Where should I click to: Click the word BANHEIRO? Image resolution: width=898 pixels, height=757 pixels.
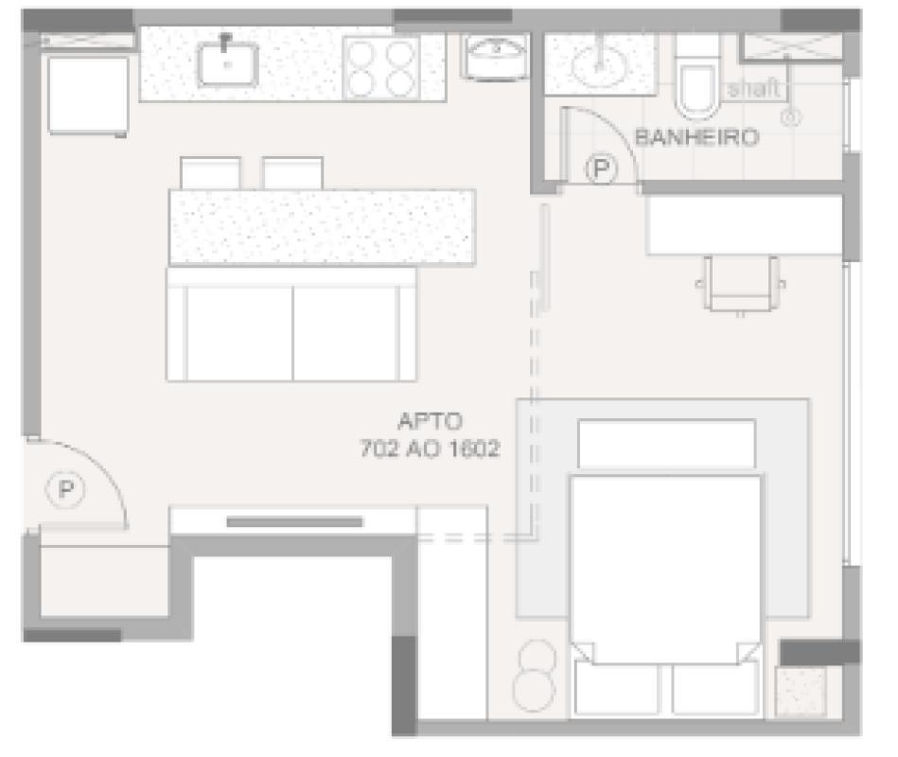coord(696,137)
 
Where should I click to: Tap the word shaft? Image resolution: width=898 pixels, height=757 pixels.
coord(753,89)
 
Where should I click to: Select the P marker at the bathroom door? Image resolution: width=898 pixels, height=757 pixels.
coord(600,170)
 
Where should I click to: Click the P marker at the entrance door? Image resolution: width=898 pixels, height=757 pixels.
coord(65,489)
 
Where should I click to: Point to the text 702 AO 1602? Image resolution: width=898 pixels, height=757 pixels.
coord(429,449)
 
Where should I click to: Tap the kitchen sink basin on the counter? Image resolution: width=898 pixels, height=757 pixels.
coord(227,62)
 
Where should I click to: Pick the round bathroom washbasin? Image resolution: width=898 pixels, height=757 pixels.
coord(598,64)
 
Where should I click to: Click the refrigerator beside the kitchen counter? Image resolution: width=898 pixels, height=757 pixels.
coord(88,95)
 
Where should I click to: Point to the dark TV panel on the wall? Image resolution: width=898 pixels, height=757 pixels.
coord(294,521)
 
